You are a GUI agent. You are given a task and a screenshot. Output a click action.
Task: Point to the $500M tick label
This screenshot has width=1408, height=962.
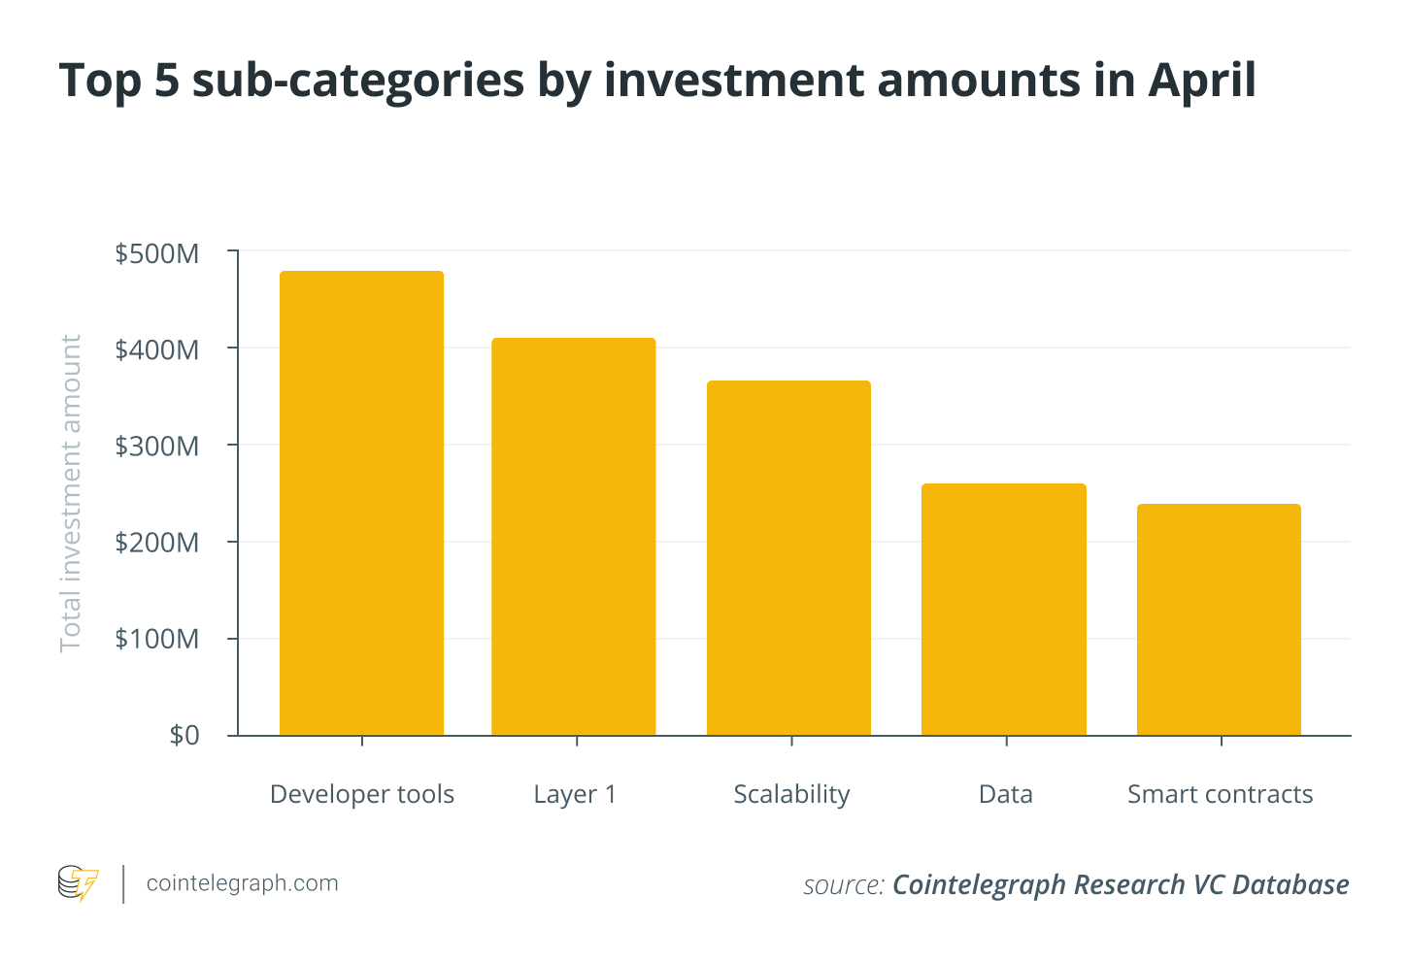[157, 253]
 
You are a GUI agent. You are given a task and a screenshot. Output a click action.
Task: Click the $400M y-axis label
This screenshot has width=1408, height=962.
[157, 349]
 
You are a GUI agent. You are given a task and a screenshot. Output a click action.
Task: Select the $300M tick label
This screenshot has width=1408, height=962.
[157, 447]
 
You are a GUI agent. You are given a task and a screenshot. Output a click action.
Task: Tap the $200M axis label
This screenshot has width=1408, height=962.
[157, 543]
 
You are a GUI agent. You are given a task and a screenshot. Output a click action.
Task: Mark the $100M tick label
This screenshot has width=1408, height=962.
[157, 639]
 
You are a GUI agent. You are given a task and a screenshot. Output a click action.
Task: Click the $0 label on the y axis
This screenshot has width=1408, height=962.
[184, 735]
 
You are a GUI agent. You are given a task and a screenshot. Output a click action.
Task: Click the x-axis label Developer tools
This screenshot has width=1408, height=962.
[362, 794]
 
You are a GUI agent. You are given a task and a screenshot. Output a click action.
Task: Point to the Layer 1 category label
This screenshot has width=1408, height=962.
[575, 794]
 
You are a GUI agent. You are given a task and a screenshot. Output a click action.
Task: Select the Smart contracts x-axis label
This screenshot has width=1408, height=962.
[1220, 794]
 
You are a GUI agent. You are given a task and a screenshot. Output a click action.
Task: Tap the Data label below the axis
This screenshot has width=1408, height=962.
[1006, 794]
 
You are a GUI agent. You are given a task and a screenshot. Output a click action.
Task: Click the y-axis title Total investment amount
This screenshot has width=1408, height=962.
[71, 493]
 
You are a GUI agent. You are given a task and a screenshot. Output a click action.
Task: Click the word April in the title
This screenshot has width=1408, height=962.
[1202, 81]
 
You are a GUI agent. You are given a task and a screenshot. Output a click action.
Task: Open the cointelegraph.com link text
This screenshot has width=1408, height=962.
[242, 883]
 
